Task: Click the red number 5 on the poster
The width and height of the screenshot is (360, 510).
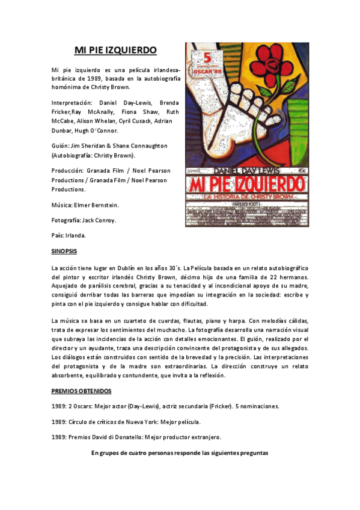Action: coord(208,58)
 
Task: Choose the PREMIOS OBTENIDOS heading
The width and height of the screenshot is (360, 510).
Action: coord(81,391)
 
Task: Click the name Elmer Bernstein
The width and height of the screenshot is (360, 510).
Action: coord(97,205)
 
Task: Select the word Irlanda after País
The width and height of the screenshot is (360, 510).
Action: coord(76,235)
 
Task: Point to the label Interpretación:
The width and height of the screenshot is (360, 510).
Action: coord(73,103)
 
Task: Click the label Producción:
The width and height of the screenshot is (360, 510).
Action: coord(67,170)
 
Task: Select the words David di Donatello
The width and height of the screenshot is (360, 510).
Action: coord(122,437)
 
